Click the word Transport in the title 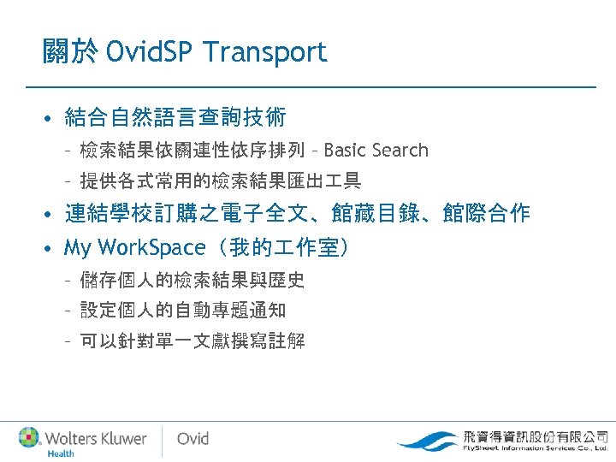(x=265, y=52)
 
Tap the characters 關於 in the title (x=71, y=52)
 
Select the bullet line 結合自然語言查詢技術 (x=175, y=116)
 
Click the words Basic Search (x=376, y=151)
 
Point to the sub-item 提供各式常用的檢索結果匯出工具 (x=220, y=181)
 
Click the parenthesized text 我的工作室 (x=281, y=248)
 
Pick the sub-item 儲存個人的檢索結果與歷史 (x=192, y=280)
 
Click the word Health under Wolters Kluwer (x=60, y=453)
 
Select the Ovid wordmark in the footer (x=192, y=439)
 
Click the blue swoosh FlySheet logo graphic (x=428, y=441)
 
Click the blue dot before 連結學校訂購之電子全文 (x=51, y=215)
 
